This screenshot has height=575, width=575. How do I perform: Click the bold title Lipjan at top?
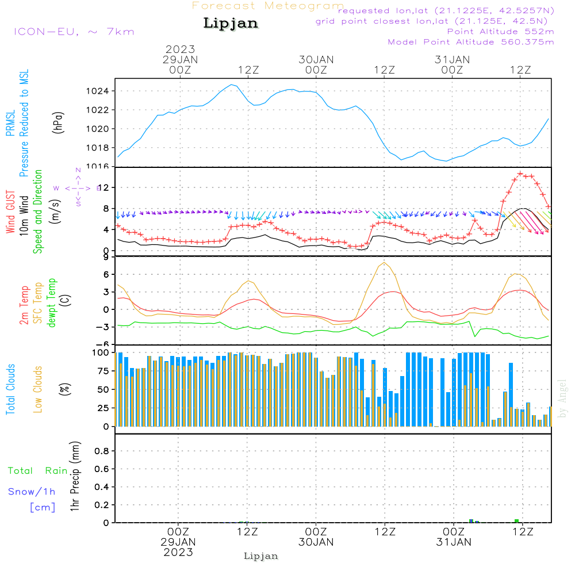[231, 23]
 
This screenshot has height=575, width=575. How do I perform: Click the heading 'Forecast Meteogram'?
[268, 6]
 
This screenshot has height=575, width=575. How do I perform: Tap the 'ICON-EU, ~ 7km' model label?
[74, 31]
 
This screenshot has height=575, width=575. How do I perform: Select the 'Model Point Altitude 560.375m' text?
[471, 42]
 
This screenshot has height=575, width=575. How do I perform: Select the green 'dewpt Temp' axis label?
[52, 303]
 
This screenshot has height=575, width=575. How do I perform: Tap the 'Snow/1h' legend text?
[32, 492]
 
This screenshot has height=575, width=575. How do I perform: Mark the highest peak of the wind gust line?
[520, 173]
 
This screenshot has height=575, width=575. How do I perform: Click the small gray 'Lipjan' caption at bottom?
[261, 556]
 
